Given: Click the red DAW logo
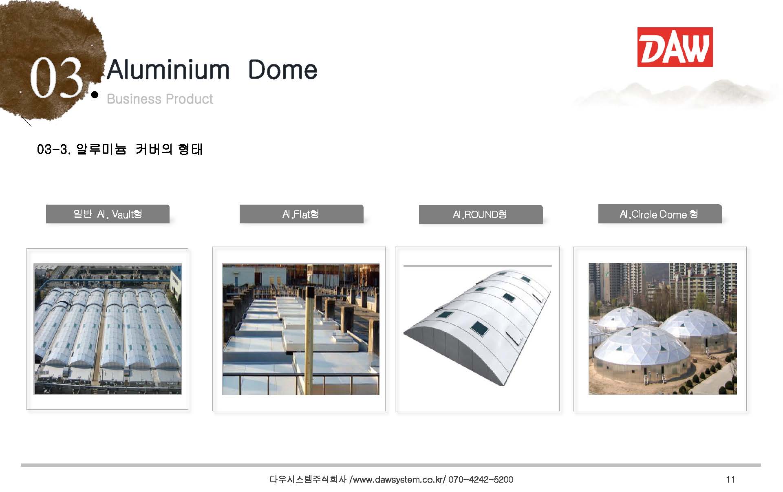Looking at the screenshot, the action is (x=675, y=47).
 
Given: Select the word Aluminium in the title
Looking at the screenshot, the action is (x=169, y=70).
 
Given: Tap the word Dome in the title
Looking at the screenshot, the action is (x=282, y=70).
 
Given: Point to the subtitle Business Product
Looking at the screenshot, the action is (x=160, y=99).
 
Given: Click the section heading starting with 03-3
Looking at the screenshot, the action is (x=120, y=149).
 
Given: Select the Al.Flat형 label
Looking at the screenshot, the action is (x=300, y=214).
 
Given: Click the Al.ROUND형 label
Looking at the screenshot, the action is (x=480, y=214).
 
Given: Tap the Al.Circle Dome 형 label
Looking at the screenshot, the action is (x=659, y=214).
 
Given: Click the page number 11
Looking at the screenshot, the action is (x=730, y=479).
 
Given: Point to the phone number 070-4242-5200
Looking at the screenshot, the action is (x=481, y=479).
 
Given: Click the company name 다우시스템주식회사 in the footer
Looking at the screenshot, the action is (x=308, y=479).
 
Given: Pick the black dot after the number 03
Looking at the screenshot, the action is (x=95, y=95).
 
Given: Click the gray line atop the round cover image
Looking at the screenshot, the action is (x=478, y=266).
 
